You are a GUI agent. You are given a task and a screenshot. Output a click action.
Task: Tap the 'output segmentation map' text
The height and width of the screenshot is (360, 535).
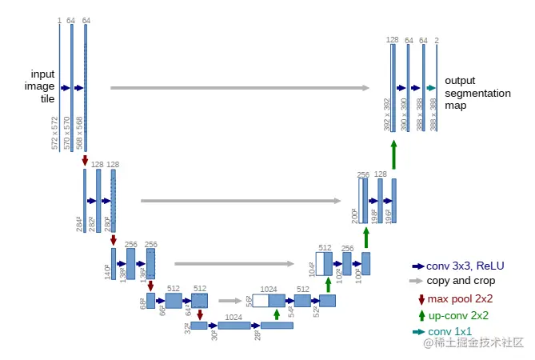(477, 93)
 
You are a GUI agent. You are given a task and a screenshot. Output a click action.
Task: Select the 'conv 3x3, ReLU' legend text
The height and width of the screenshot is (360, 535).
(465, 266)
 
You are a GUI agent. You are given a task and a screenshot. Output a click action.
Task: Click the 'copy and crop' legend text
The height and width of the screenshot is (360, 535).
(461, 281)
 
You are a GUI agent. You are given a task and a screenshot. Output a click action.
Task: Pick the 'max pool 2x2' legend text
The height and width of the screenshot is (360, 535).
(460, 299)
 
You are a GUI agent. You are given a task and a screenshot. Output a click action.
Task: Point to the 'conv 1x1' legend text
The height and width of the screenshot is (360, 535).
(449, 331)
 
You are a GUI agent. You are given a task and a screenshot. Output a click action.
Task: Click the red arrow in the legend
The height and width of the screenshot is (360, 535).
(421, 299)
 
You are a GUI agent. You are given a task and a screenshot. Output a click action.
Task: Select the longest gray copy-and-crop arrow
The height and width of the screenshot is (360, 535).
(240, 88)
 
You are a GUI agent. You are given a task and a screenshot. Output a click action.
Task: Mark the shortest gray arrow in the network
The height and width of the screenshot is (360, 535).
(230, 302)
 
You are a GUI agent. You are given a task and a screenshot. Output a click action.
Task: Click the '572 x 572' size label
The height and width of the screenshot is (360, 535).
(55, 132)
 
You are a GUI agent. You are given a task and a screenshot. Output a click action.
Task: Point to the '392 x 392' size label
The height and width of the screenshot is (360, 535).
(386, 115)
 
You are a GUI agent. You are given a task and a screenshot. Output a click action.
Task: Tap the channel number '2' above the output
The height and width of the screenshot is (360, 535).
(437, 39)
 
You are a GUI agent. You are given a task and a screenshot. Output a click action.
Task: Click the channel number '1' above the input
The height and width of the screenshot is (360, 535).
(59, 19)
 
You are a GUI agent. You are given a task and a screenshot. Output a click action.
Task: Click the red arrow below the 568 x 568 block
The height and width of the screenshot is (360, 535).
(86, 161)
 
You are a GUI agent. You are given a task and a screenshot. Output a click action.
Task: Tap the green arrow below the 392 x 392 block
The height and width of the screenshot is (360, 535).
(393, 154)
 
